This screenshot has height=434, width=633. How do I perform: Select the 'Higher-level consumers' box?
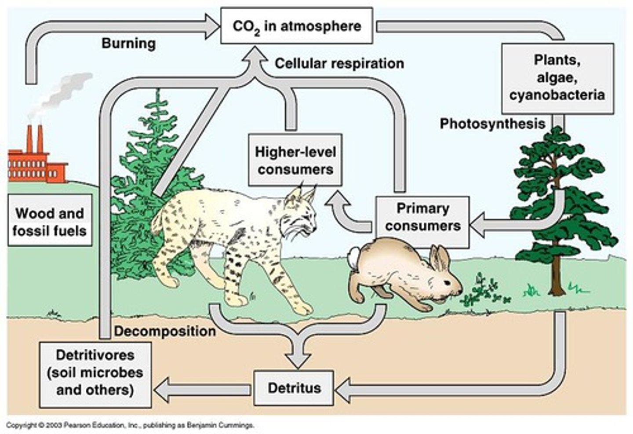click(295, 160)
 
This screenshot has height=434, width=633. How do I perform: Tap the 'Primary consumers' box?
click(422, 217)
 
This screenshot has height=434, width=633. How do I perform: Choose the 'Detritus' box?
click(294, 388)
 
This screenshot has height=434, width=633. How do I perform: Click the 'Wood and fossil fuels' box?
click(50, 222)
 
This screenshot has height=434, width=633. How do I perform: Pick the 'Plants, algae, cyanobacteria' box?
click(557, 78)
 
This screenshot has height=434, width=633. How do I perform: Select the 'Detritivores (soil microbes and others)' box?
click(95, 373)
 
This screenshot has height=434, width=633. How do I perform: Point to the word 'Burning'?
click(128, 43)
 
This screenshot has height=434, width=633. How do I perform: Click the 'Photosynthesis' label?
click(492, 124)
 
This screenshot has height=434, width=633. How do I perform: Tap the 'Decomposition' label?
click(165, 331)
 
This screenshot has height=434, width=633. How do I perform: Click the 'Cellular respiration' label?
click(339, 63)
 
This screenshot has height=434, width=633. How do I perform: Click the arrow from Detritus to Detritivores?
click(203, 389)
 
